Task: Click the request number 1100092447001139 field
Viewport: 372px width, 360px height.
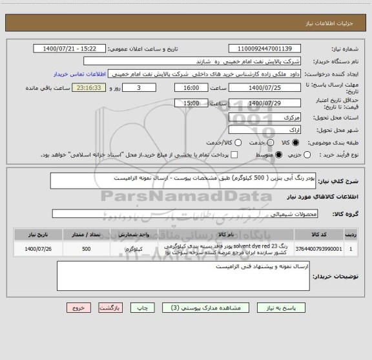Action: pos(256,49)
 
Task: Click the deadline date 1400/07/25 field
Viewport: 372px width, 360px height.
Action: pos(256,87)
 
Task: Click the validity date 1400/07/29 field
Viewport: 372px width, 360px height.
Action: pos(256,103)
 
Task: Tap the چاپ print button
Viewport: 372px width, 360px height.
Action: pos(160,308)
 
